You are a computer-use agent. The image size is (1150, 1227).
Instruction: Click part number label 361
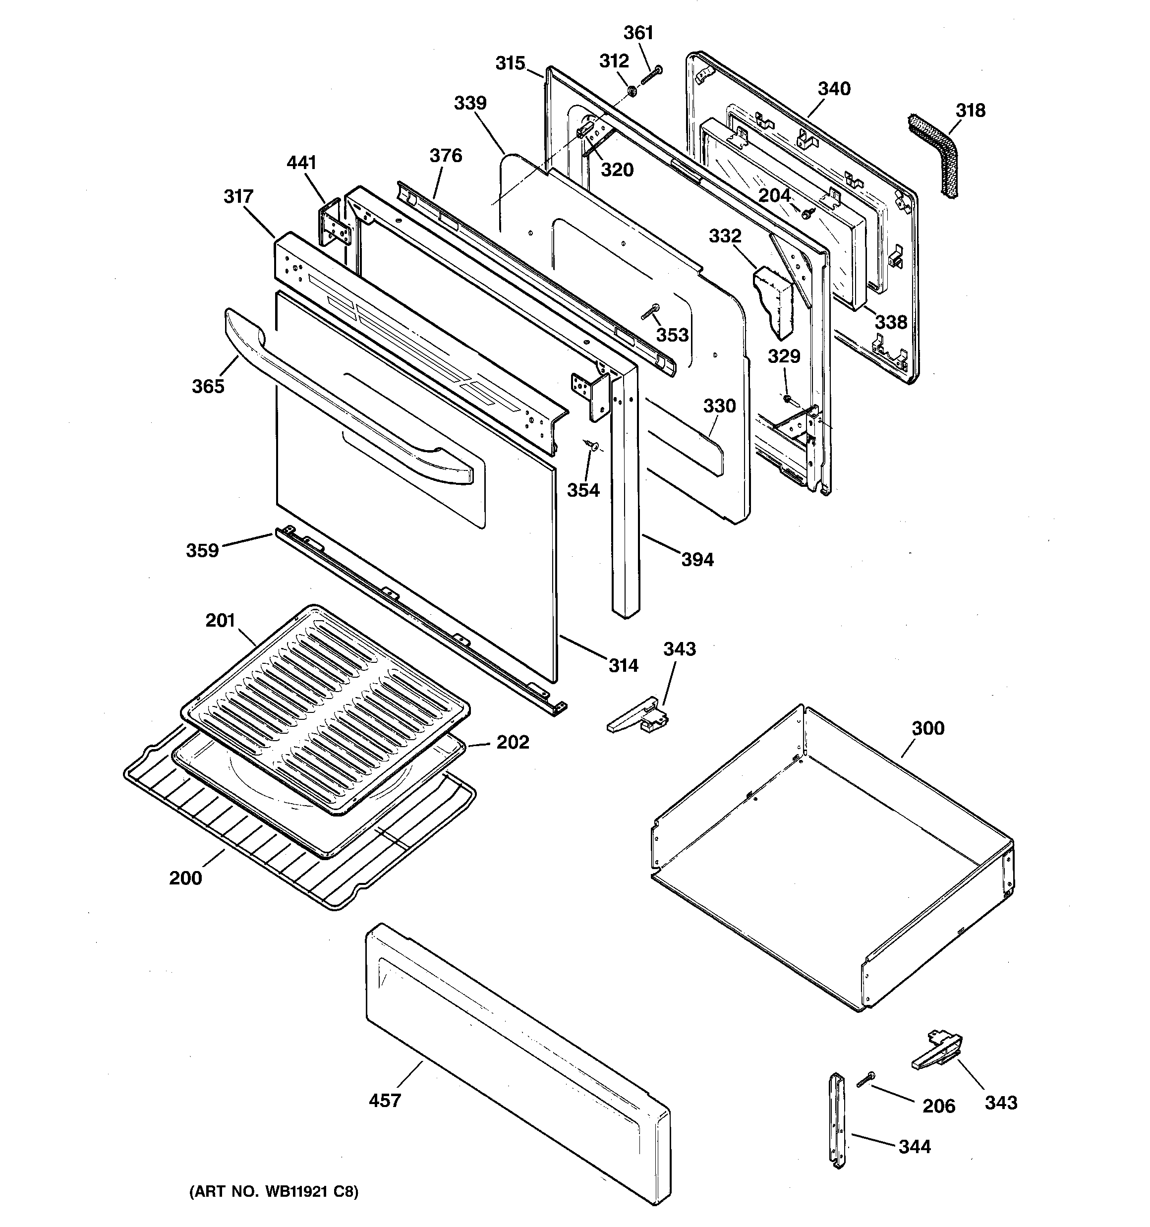click(638, 33)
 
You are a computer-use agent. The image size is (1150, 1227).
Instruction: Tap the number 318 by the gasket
click(971, 111)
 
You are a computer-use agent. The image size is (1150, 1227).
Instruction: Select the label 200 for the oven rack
click(185, 877)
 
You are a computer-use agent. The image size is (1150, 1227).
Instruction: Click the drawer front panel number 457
click(385, 1100)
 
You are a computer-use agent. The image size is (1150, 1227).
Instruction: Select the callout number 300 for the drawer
click(928, 728)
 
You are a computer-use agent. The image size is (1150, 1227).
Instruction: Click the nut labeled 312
click(632, 91)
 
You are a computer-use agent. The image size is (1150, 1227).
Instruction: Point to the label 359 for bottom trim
click(202, 550)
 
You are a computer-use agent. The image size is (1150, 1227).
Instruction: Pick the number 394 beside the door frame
click(697, 559)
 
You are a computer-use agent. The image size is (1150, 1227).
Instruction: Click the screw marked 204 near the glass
click(808, 213)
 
